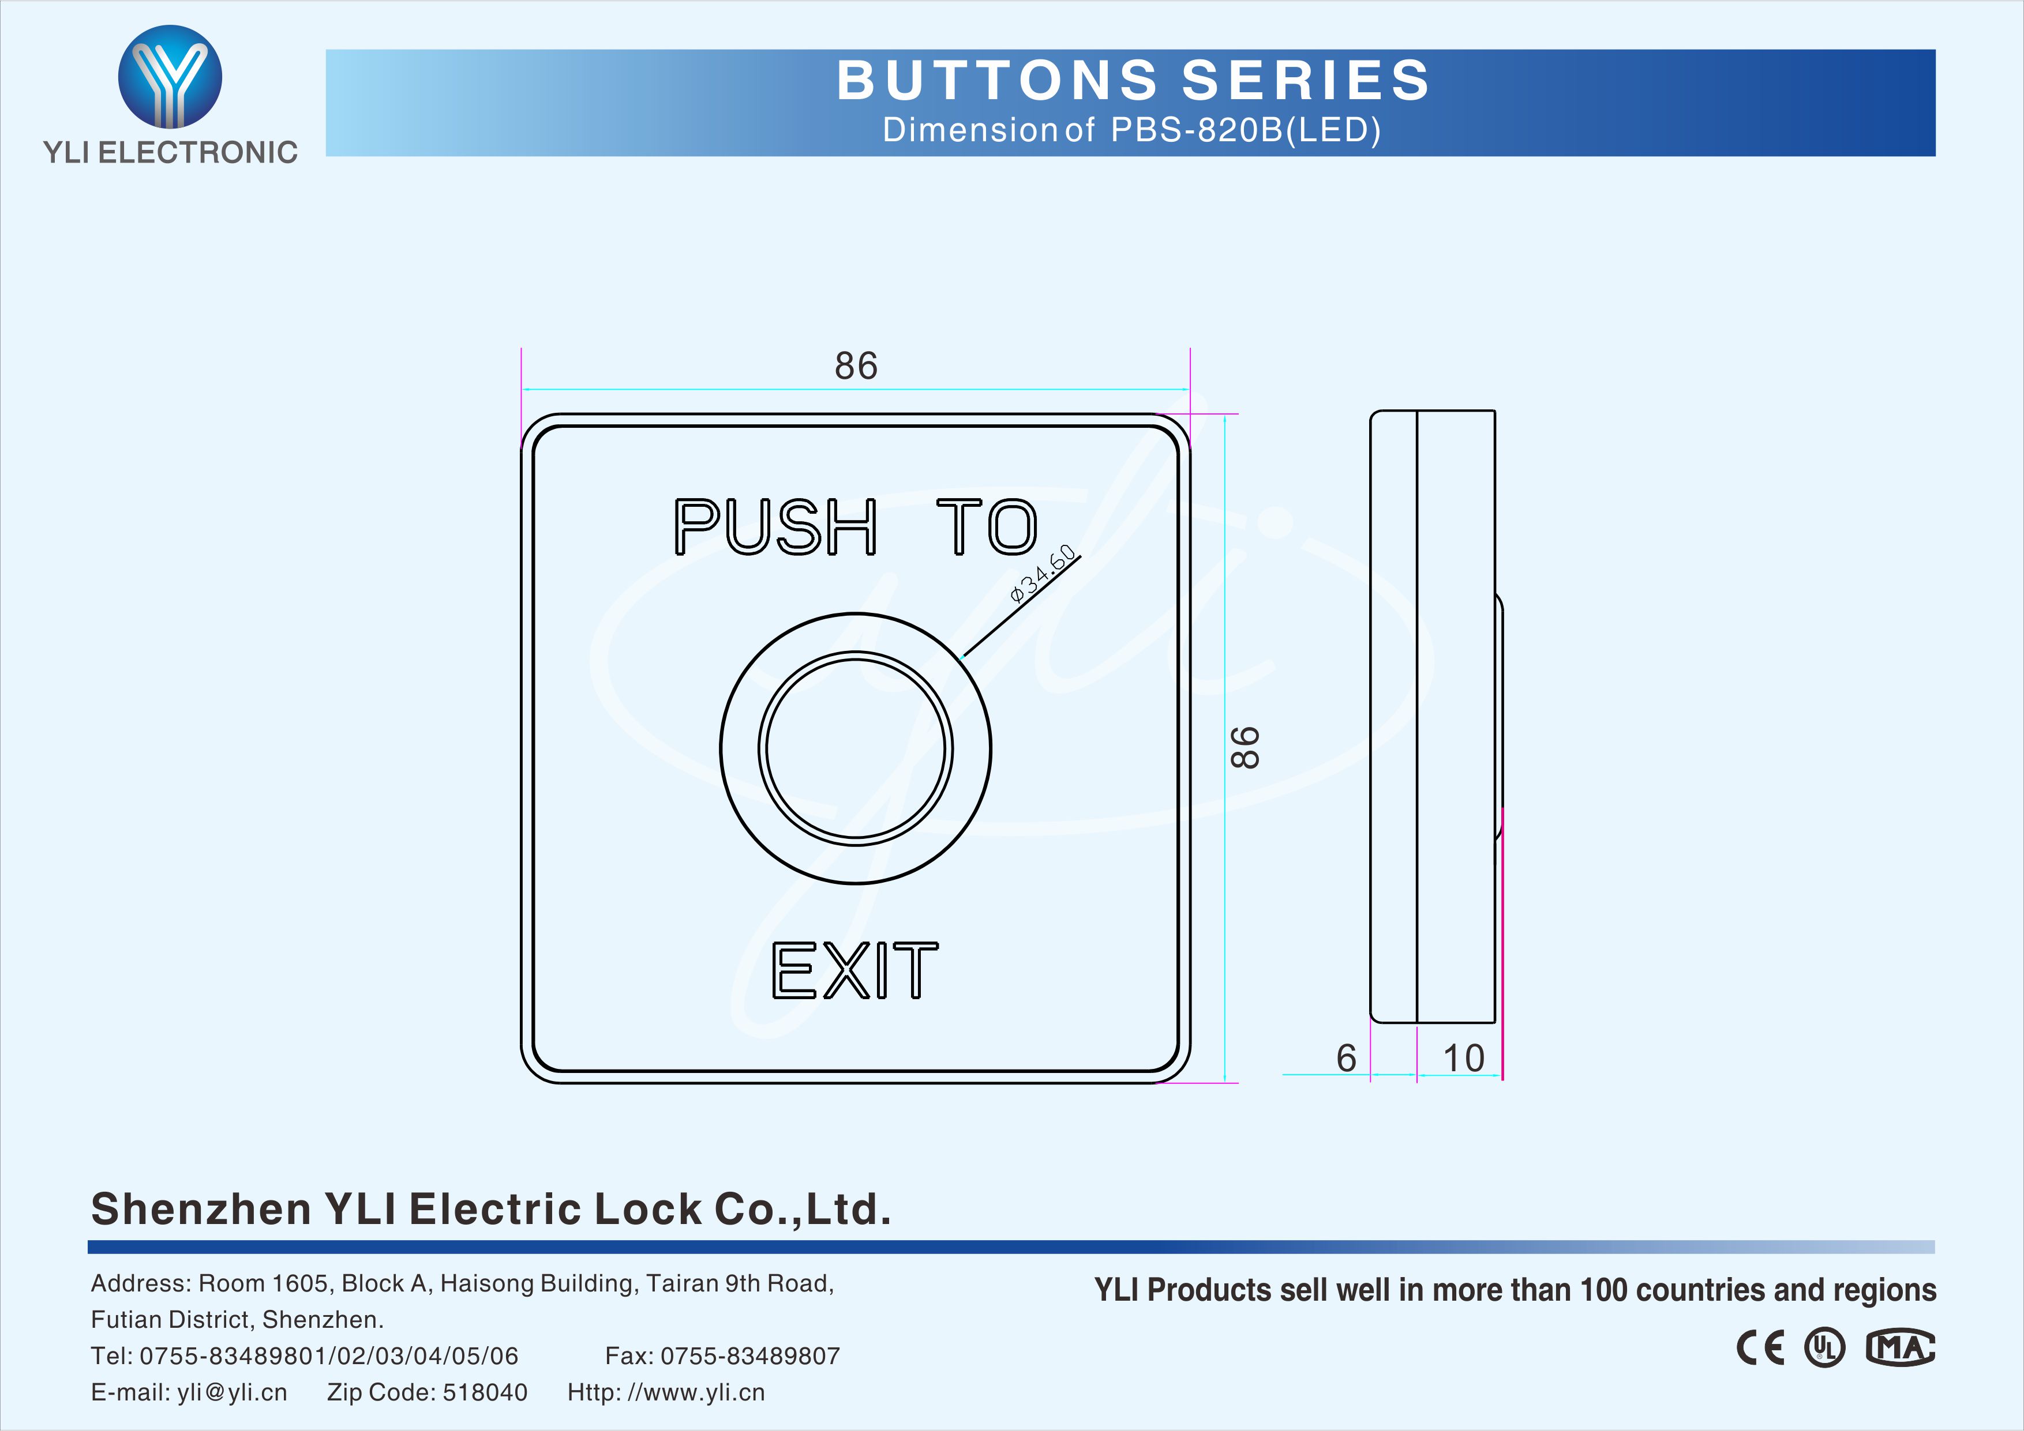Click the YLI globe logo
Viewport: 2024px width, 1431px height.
(x=170, y=77)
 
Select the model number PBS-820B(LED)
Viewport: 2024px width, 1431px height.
(x=1246, y=130)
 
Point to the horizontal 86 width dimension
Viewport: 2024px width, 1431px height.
(x=856, y=366)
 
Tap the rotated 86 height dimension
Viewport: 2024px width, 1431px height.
(x=1245, y=747)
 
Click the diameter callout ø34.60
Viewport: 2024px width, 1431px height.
(x=1043, y=574)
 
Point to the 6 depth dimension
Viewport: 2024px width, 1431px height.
(x=1346, y=1059)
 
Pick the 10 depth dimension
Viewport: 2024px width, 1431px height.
(x=1463, y=1059)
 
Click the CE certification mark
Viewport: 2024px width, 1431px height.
(x=1760, y=1347)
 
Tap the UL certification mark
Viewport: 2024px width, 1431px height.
(x=1824, y=1347)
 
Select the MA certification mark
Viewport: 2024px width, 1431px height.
(x=1901, y=1347)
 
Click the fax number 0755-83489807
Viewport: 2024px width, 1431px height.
(x=750, y=1355)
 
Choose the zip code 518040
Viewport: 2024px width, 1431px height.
(x=485, y=1392)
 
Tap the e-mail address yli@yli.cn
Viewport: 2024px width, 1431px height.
(x=232, y=1393)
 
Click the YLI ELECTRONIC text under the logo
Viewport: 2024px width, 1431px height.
(x=170, y=152)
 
